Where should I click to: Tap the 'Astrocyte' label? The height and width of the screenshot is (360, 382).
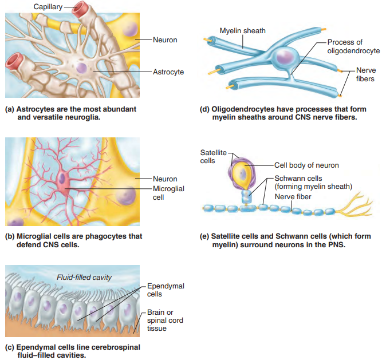coord(168,72)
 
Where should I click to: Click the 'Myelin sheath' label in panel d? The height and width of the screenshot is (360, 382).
coord(243,30)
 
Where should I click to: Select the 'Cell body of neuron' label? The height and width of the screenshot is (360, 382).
coord(306,165)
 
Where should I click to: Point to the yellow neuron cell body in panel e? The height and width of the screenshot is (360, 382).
coord(244,173)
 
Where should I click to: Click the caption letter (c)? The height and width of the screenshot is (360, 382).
coord(9,347)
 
